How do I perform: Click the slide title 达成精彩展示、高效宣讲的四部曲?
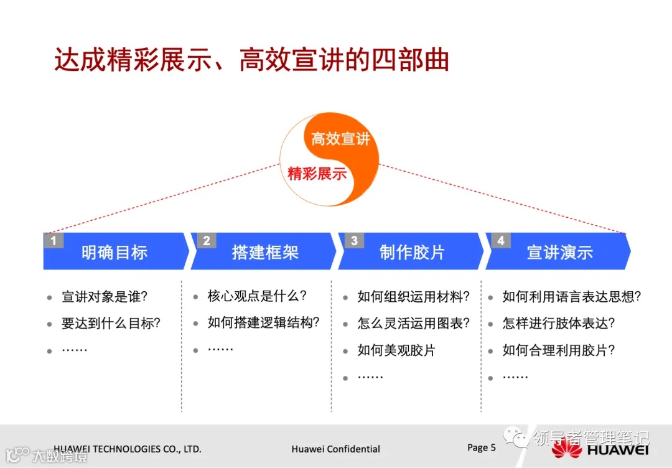(251, 61)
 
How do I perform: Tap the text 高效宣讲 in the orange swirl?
(340, 138)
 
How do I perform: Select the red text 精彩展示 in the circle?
(317, 174)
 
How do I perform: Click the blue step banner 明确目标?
(114, 252)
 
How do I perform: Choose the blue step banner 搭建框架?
(265, 252)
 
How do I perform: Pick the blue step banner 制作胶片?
(412, 252)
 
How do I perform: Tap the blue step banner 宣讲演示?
(559, 252)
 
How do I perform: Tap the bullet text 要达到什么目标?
(111, 324)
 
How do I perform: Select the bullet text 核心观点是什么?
(257, 296)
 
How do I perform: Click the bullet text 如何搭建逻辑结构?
(264, 322)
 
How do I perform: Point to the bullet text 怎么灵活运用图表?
(413, 324)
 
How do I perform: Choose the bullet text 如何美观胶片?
(396, 350)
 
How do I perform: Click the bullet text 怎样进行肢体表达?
(559, 324)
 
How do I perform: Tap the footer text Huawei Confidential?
(335, 449)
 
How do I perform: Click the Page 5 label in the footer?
(482, 447)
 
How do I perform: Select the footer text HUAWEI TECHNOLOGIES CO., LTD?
(128, 449)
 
